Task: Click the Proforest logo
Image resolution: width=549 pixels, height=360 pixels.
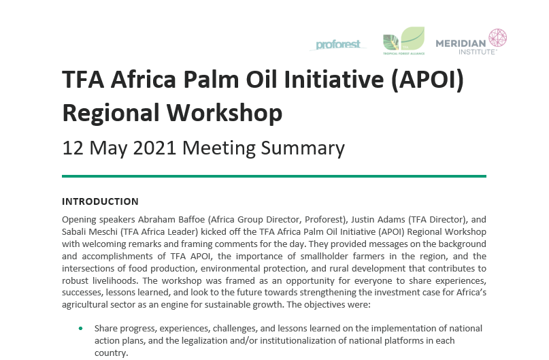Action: pyautogui.click(x=341, y=45)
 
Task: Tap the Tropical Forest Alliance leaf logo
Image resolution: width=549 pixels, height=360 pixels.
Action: pyautogui.click(x=403, y=41)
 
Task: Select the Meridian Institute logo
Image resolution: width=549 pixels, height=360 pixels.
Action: pyautogui.click(x=470, y=42)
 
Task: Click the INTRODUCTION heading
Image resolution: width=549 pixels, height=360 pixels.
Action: pyautogui.click(x=100, y=201)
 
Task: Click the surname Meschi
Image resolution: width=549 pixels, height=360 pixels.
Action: pyautogui.click(x=104, y=231)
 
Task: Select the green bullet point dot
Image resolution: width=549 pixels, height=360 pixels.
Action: pyautogui.click(x=81, y=329)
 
